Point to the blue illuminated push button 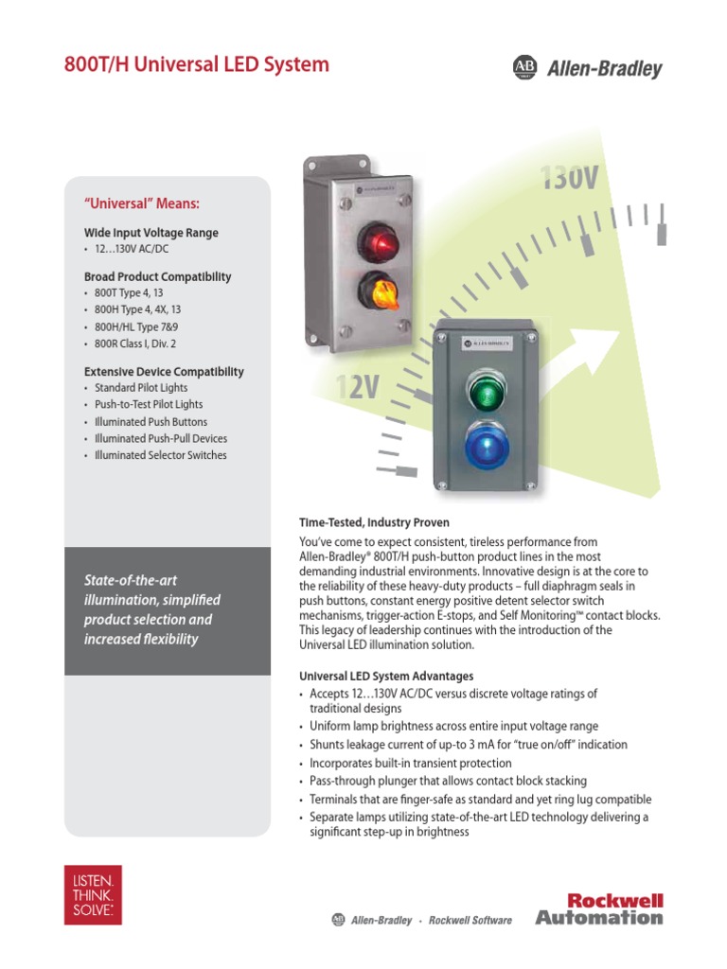[x=485, y=446]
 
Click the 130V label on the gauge [x=568, y=178]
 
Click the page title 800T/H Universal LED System [x=197, y=65]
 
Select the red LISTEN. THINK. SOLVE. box [x=95, y=894]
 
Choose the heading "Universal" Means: [x=143, y=203]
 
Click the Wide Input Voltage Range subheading [x=151, y=233]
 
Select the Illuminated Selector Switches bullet [x=161, y=455]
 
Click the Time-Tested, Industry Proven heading [x=374, y=522]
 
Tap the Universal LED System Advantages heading [x=386, y=677]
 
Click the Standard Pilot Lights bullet [x=141, y=388]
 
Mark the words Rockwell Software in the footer [x=470, y=920]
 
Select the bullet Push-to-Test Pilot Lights [x=149, y=405]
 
